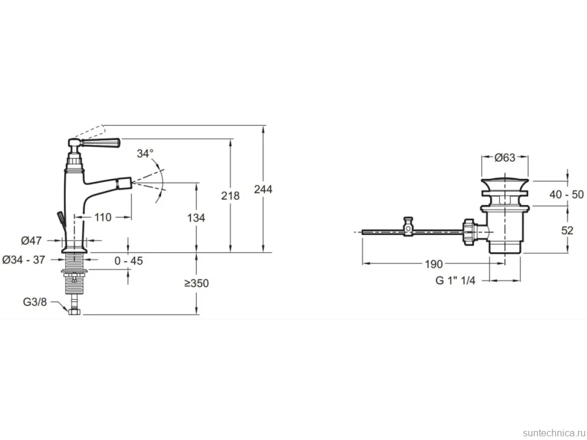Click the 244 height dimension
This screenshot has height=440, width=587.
263,189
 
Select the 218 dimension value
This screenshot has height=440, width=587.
230,195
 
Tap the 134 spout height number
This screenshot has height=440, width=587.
196,218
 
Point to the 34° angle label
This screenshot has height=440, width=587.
145,154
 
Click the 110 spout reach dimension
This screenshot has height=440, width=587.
103,217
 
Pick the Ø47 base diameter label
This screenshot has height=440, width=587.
31,241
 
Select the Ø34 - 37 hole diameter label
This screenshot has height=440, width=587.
24,259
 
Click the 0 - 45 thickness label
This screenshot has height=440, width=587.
129,260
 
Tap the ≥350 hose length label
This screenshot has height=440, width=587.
197,283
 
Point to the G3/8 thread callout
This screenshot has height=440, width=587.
35,302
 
